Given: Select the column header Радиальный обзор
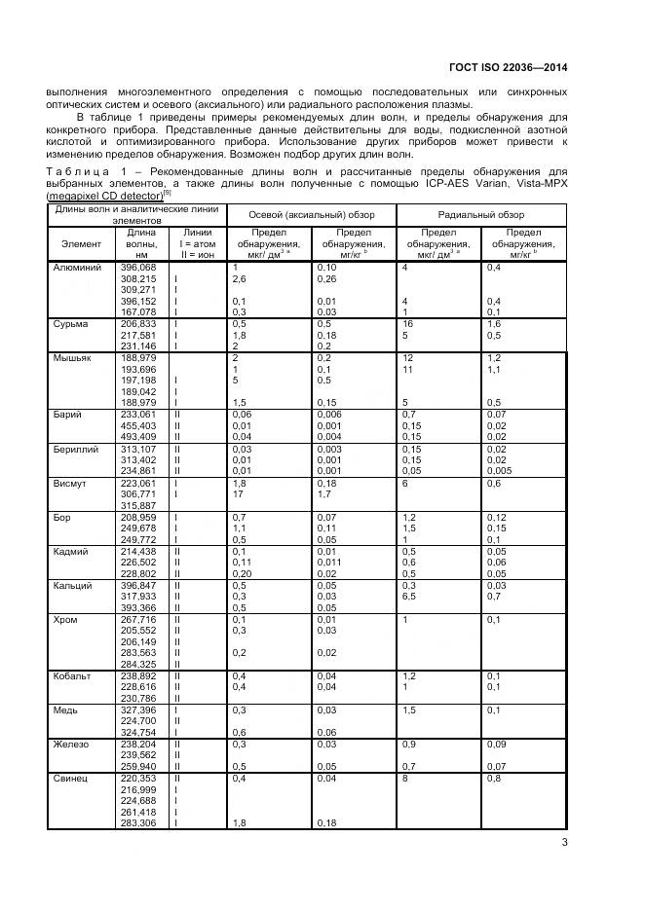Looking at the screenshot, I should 480,214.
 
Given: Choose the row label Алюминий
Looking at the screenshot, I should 77,267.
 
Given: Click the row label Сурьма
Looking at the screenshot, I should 71,323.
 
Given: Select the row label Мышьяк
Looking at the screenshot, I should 73,358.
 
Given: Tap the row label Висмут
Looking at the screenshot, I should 71,483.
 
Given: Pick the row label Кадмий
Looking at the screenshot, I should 72,551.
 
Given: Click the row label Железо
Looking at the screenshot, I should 72,744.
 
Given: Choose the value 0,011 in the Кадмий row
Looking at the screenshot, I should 329,562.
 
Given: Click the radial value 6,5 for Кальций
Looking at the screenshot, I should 410,596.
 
